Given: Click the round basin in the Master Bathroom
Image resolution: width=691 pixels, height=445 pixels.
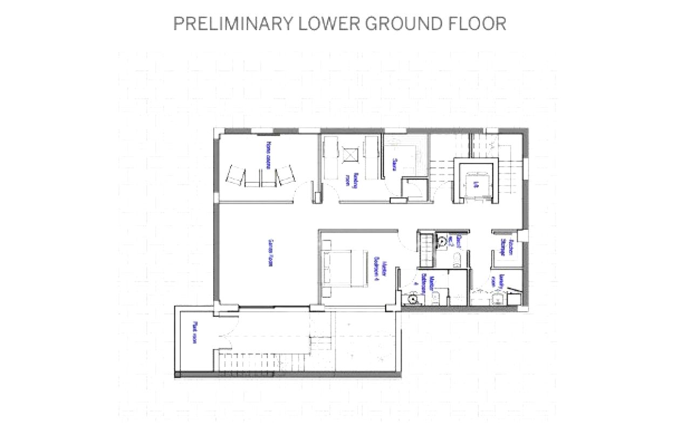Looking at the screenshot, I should pyautogui.click(x=413, y=297).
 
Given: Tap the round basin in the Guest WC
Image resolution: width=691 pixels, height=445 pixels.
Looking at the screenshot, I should pyautogui.click(x=442, y=241).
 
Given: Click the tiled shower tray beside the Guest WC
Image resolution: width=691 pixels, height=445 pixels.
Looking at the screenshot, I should pyautogui.click(x=426, y=249).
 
